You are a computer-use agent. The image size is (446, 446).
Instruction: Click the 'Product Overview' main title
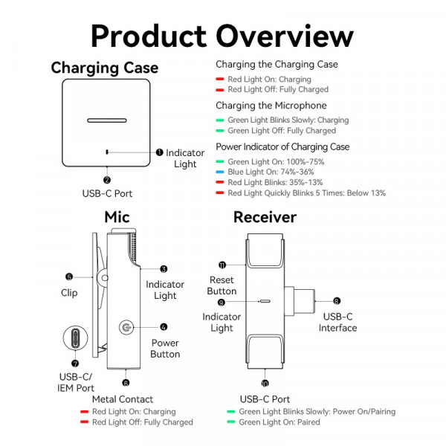pyautogui.click(x=223, y=35)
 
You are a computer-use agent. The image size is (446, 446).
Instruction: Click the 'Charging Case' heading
pyautogui.click(x=104, y=68)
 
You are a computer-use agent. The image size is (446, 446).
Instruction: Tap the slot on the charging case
pyautogui.click(x=107, y=120)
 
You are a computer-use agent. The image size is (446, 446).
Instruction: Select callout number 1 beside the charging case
pyautogui.click(x=159, y=152)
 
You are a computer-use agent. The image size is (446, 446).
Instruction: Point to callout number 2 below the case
pyautogui.click(x=107, y=180)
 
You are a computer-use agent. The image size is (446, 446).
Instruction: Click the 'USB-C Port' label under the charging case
pyautogui.click(x=107, y=193)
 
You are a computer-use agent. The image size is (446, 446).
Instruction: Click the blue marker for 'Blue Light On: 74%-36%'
pyautogui.click(x=220, y=172)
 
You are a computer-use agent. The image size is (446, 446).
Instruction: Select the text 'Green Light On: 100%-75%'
pyautogui.click(x=276, y=161)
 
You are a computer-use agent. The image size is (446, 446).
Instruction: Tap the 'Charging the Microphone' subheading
pyautogui.click(x=271, y=106)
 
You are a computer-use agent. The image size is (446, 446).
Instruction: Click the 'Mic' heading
pyautogui.click(x=117, y=217)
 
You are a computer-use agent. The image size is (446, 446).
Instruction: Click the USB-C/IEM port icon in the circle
pyautogui.click(x=75, y=339)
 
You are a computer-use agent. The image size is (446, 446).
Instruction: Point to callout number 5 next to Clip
pyautogui.click(x=69, y=276)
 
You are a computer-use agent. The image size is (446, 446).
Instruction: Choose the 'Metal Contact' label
pyautogui.click(x=123, y=399)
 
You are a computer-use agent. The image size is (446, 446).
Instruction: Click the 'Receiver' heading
pyautogui.click(x=265, y=217)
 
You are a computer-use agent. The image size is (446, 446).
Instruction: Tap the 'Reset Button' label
pyautogui.click(x=222, y=285)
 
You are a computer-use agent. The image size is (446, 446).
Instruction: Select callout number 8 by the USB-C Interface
pyautogui.click(x=337, y=301)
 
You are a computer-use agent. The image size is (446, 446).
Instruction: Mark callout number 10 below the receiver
pyautogui.click(x=265, y=384)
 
